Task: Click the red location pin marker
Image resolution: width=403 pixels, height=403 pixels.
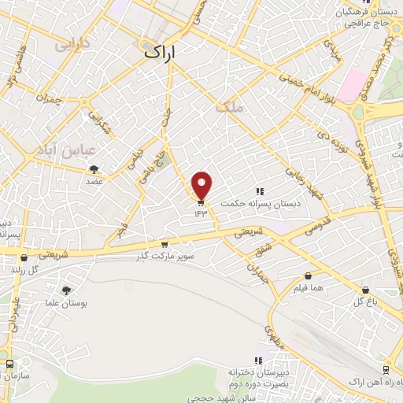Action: coord(202,186)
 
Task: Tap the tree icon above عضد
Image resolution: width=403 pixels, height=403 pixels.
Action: coord(94,169)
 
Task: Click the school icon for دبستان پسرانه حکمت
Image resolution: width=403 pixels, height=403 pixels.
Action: coord(260,191)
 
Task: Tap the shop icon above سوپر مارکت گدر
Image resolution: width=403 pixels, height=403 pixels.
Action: coord(164,245)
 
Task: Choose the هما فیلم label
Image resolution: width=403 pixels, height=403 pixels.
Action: coord(308,288)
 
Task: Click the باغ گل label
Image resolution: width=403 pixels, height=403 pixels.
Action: coord(363,301)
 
